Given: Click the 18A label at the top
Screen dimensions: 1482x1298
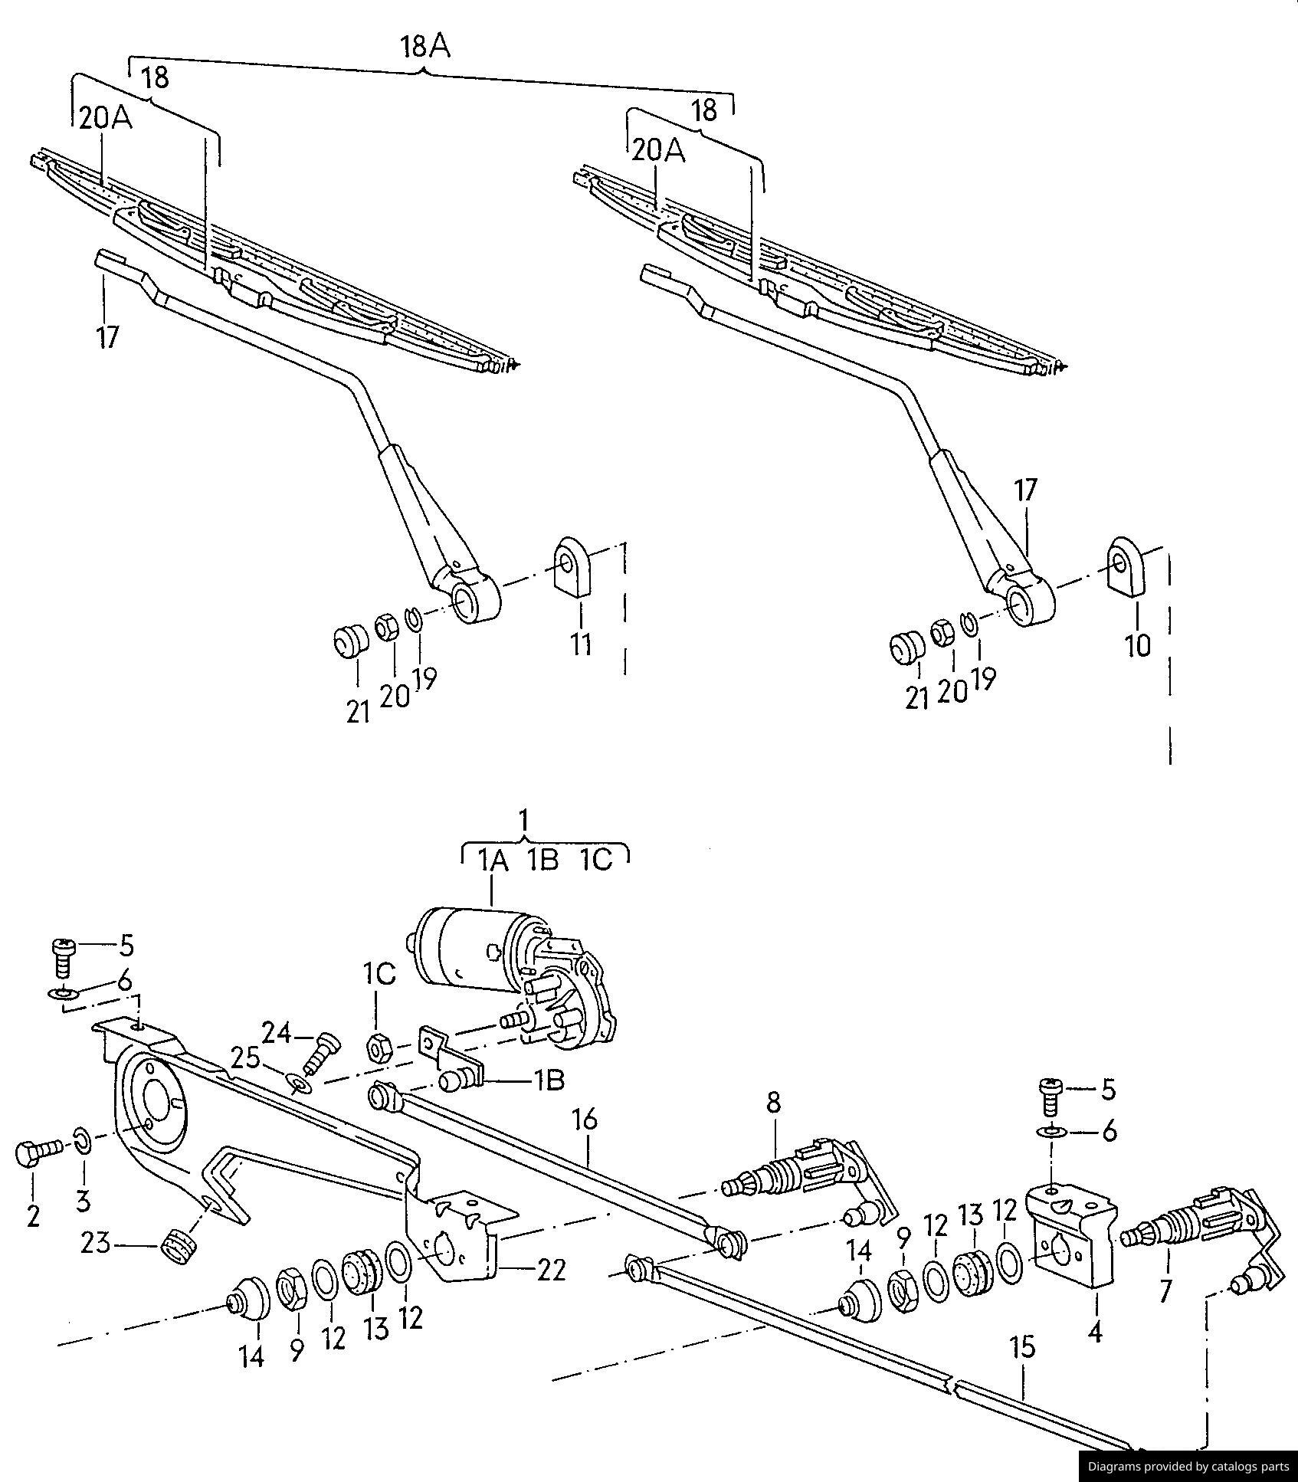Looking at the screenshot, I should tap(424, 48).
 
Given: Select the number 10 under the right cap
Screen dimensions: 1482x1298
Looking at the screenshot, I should tap(1138, 646).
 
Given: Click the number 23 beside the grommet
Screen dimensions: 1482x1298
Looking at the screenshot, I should tap(97, 1244).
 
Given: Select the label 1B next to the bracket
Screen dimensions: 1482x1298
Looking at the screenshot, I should tap(549, 1080).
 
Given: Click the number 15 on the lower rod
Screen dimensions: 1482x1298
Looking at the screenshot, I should tap(1023, 1346).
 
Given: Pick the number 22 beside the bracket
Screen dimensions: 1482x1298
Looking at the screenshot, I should tap(551, 1271).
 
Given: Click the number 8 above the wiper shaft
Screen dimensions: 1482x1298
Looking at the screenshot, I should tap(773, 1103).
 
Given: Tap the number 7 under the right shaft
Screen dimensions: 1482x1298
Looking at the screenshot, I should tap(1165, 1291).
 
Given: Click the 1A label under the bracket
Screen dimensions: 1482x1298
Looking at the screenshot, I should tap(493, 861).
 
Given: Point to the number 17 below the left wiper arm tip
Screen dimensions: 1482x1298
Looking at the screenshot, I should tap(107, 336).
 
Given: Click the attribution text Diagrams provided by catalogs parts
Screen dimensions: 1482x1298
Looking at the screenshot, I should tap(1188, 1467).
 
